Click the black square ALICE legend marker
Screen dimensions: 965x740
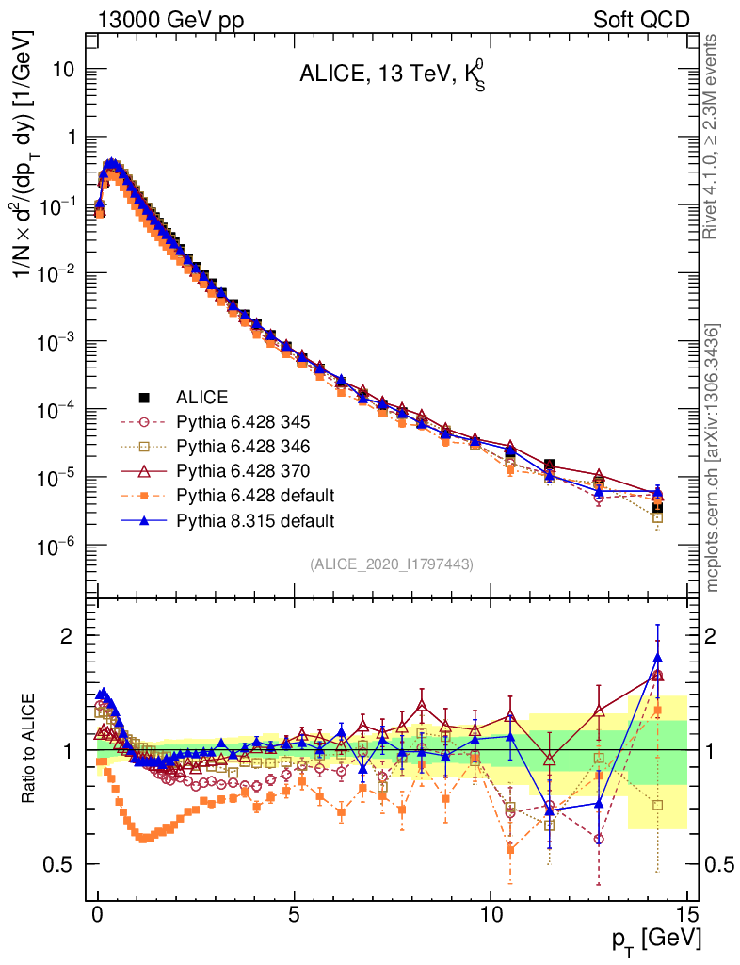tap(145, 397)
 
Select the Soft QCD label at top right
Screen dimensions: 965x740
tap(641, 19)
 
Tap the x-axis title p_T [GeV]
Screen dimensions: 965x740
tap(655, 939)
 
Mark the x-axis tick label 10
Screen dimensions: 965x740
tap(491, 913)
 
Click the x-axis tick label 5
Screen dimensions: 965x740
tap(295, 913)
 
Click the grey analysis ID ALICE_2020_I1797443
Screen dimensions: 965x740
tap(391, 564)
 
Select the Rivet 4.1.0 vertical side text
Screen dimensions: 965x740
tap(712, 136)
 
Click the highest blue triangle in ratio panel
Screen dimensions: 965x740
tap(657, 659)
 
